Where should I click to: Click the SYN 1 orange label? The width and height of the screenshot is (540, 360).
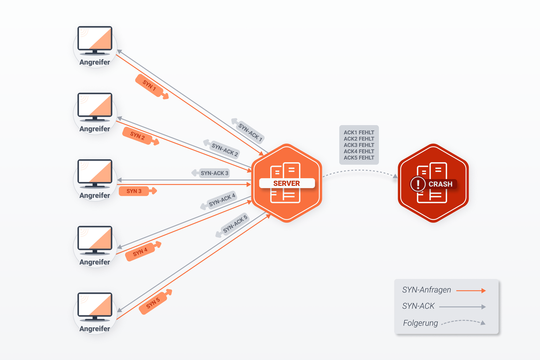pos(150,86)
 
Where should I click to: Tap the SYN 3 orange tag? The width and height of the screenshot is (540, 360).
pos(134,191)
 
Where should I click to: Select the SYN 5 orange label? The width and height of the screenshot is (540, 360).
pos(154,303)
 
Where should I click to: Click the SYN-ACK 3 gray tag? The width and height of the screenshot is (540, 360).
pos(214,173)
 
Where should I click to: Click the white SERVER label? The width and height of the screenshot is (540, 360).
pos(287,183)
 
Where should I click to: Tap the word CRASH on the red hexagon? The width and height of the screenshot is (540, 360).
pos(440,184)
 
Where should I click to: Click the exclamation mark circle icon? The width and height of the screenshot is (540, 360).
pos(418,184)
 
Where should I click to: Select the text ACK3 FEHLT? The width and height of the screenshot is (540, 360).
pos(359,145)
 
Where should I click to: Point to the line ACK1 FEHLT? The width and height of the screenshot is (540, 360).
pos(359,132)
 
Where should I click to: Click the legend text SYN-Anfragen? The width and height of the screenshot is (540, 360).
pos(426,290)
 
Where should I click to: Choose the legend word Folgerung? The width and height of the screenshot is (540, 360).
pos(420,323)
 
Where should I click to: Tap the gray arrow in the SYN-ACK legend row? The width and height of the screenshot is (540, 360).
pos(462,307)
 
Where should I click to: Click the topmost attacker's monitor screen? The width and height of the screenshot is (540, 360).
pos(95,38)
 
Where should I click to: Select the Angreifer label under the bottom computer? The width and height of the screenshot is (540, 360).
pos(94,329)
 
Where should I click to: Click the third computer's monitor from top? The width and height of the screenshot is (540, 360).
pos(95,172)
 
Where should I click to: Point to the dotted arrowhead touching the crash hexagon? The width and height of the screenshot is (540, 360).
pos(395,176)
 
